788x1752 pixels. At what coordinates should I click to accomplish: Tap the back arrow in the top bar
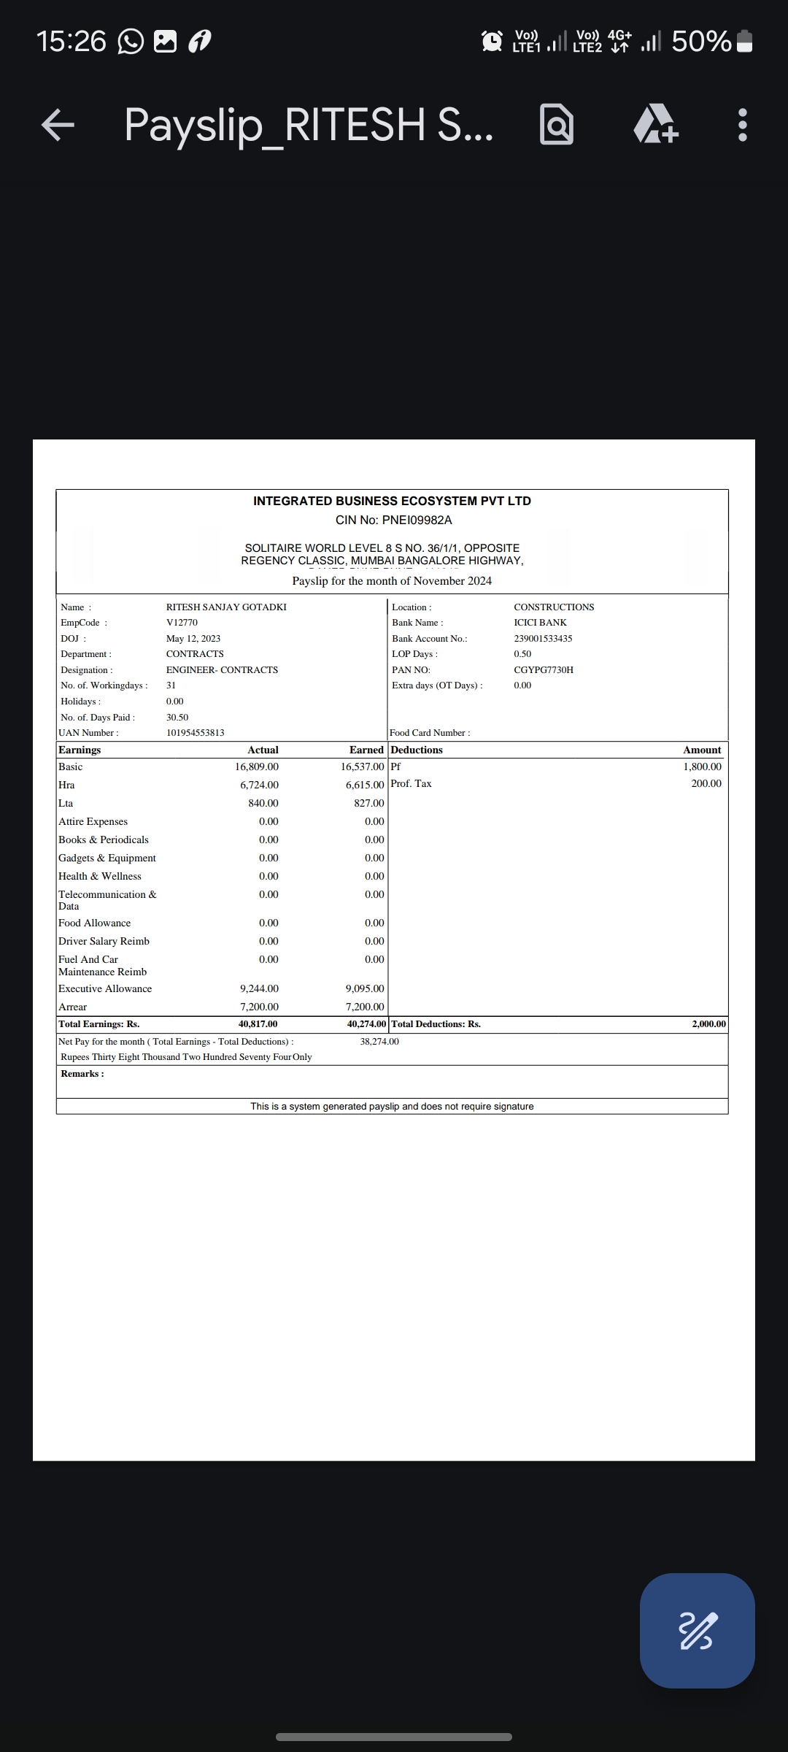58,125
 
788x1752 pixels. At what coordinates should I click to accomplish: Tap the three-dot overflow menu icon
742,125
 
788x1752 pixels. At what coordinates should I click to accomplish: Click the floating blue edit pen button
697,1630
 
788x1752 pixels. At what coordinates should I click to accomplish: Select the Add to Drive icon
656,125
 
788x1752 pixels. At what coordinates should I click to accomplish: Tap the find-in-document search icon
556,125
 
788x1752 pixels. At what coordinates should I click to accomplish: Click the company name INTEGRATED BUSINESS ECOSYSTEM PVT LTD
392,501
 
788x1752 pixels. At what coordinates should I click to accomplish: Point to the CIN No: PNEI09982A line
393,520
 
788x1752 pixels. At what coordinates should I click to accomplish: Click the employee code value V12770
182,623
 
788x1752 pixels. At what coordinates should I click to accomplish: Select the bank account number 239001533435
543,638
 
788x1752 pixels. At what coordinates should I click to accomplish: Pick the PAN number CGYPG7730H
544,669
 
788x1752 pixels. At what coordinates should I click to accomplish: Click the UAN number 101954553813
195,732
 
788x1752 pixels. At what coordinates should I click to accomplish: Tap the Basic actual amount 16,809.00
257,766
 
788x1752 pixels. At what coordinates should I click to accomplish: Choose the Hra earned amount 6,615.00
365,785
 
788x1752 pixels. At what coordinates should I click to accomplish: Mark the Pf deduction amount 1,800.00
702,766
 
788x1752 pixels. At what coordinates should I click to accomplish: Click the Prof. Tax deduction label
411,783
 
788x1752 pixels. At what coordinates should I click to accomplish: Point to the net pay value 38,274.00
379,1041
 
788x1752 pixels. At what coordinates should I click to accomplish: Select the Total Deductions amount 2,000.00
708,1024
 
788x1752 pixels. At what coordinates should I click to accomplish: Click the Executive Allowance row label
105,988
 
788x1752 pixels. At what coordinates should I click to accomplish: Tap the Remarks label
82,1073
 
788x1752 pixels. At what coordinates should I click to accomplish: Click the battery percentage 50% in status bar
700,42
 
